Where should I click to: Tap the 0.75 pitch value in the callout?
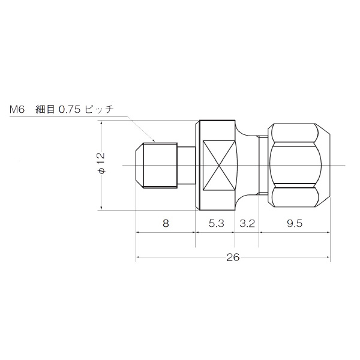70,110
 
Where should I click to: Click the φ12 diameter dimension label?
101,164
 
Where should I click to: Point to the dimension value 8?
166,223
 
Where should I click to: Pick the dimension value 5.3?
216,223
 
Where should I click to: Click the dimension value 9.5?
294,223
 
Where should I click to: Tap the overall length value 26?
233,257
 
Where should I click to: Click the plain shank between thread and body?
186,164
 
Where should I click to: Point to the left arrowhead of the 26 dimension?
139,258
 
